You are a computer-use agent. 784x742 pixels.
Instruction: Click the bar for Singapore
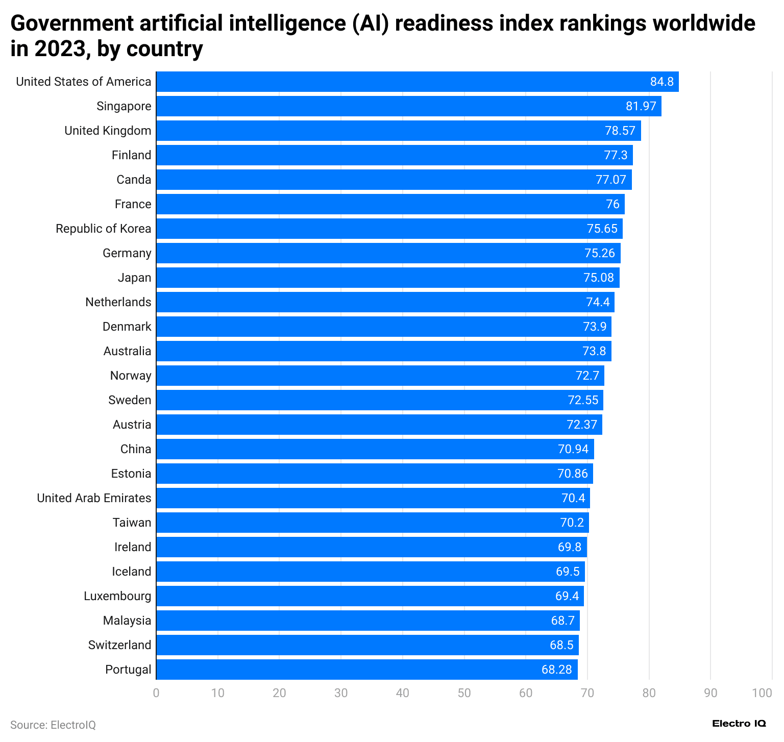pos(408,106)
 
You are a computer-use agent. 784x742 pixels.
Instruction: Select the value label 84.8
pos(661,82)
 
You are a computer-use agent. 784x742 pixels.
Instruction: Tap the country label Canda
pos(134,180)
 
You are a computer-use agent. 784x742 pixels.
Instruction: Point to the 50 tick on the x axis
pos(464,693)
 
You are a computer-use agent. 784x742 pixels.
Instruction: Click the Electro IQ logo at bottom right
pos(739,724)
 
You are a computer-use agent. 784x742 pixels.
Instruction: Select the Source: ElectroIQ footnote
pos(53,725)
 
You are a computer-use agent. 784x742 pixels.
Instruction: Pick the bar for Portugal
pos(366,670)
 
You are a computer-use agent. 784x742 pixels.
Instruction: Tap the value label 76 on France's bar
pos(612,204)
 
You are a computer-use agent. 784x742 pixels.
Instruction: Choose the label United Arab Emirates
pos(94,498)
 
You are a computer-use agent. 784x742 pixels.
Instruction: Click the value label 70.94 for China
pos(573,449)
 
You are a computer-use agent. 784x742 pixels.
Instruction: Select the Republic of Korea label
pos(104,229)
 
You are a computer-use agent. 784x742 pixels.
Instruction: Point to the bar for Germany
pos(388,253)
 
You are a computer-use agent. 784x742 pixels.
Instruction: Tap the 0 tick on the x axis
pos(156,693)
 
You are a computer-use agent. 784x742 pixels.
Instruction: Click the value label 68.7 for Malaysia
pos(562,621)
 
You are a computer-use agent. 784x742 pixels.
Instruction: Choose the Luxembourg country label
pos(117,596)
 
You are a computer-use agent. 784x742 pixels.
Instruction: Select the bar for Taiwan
pos(373,523)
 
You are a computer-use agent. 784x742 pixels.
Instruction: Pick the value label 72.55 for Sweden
pos(583,400)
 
